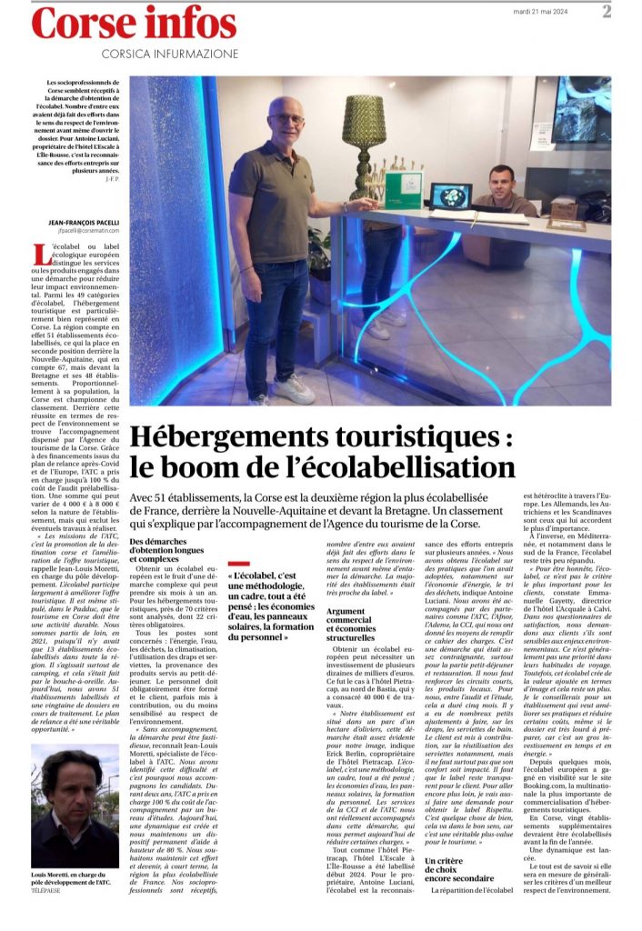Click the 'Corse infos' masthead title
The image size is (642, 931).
134,24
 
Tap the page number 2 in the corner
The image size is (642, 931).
631,11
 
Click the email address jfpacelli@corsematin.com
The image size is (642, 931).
75,232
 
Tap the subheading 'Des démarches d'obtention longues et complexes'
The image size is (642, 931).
167,554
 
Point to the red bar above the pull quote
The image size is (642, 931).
238,564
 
